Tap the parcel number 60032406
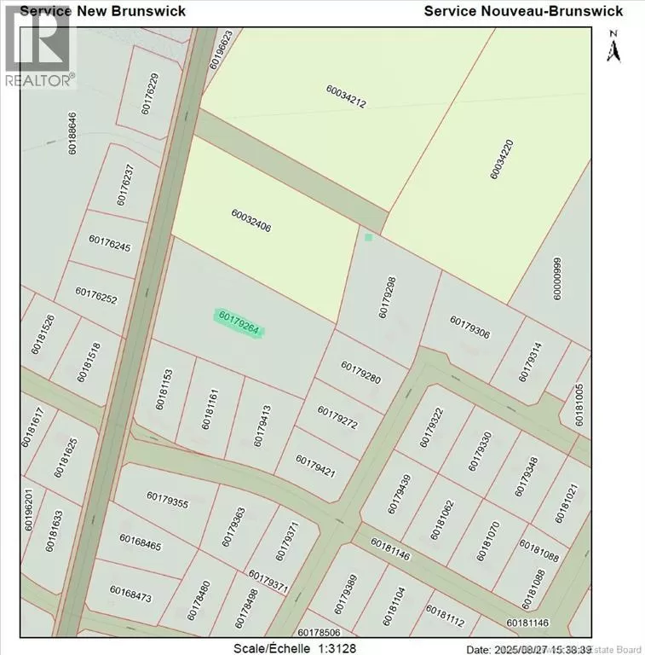point(251,221)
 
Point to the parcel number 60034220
point(502,159)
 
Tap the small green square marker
point(368,237)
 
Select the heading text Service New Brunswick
point(94,11)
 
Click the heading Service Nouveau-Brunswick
point(523,11)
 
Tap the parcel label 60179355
point(167,500)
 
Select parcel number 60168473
point(130,594)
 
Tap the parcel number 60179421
point(316,466)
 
